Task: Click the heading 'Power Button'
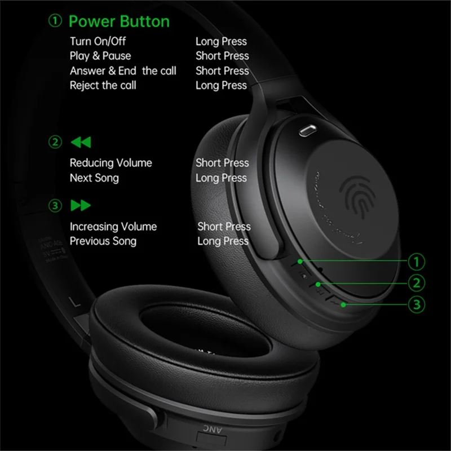118,22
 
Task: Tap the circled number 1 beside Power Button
55,22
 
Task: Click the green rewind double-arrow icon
81,142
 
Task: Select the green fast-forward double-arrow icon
81,206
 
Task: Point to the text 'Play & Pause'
100,56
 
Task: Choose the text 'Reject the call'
103,85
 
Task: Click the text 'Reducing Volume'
111,163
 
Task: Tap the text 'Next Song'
94,178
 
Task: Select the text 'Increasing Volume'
113,227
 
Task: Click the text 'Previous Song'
103,241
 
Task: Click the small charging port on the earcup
307,130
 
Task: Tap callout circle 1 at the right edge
416,262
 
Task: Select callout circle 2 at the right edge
416,283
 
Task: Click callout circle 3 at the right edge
416,305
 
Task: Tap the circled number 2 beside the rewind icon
55,142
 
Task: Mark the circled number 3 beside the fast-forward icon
55,206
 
